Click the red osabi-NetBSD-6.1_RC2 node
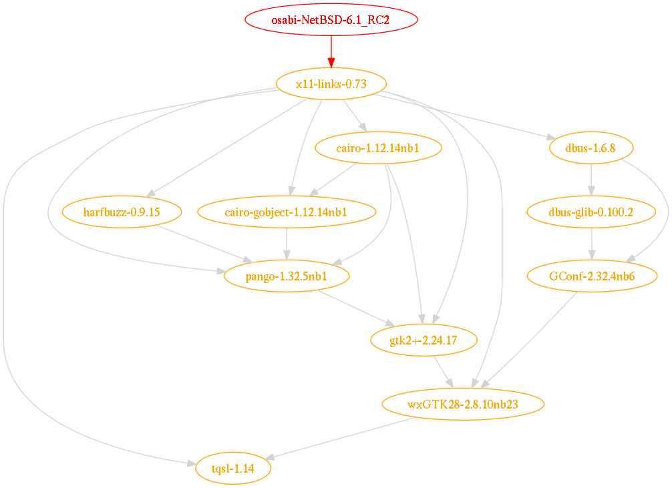tap(331, 19)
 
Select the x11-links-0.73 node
tap(331, 83)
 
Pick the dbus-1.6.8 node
tap(591, 148)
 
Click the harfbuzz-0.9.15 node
tap(122, 212)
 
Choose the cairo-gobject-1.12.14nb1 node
tap(287, 212)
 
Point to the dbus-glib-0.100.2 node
tap(591, 212)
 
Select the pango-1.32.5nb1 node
tap(287, 276)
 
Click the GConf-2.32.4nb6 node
tap(591, 276)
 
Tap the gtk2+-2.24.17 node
tap(424, 340)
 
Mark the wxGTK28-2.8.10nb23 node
tap(462, 404)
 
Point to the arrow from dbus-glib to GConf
tap(591, 244)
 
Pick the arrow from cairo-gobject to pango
tap(287, 244)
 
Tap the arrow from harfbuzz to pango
tap(200, 244)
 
